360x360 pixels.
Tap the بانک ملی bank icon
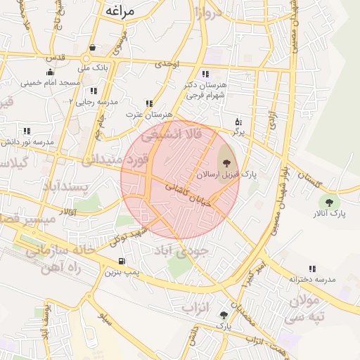click(94, 48)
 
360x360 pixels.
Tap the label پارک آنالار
click(329, 213)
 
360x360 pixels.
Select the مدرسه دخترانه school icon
click(311, 269)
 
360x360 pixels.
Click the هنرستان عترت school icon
click(148, 103)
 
